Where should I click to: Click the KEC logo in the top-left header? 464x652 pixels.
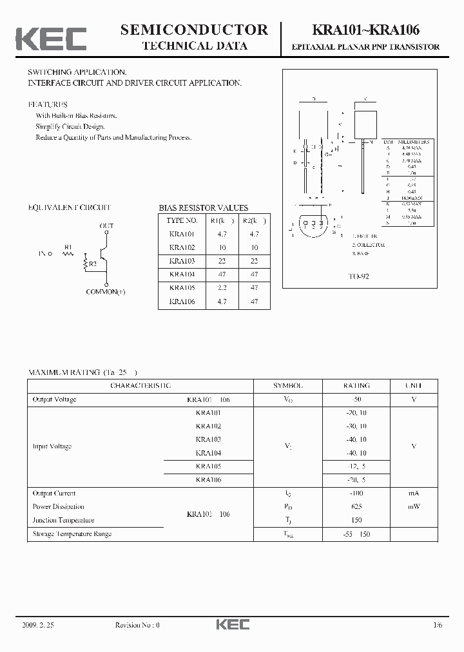(x=51, y=38)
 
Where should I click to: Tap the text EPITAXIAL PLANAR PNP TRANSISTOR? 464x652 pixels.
(x=366, y=47)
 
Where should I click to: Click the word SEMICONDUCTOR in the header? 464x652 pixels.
(x=195, y=30)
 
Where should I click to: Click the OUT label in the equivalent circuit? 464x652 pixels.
(x=106, y=226)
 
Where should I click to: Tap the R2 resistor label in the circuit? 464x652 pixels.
(x=93, y=264)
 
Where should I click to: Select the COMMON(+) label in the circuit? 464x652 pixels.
(x=106, y=292)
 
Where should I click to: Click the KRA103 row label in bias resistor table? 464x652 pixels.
(x=182, y=261)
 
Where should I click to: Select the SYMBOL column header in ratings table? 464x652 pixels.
(x=287, y=385)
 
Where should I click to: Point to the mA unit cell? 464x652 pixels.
(x=413, y=494)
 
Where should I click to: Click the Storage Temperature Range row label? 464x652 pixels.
(x=72, y=533)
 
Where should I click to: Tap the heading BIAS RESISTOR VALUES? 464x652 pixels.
(x=203, y=208)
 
